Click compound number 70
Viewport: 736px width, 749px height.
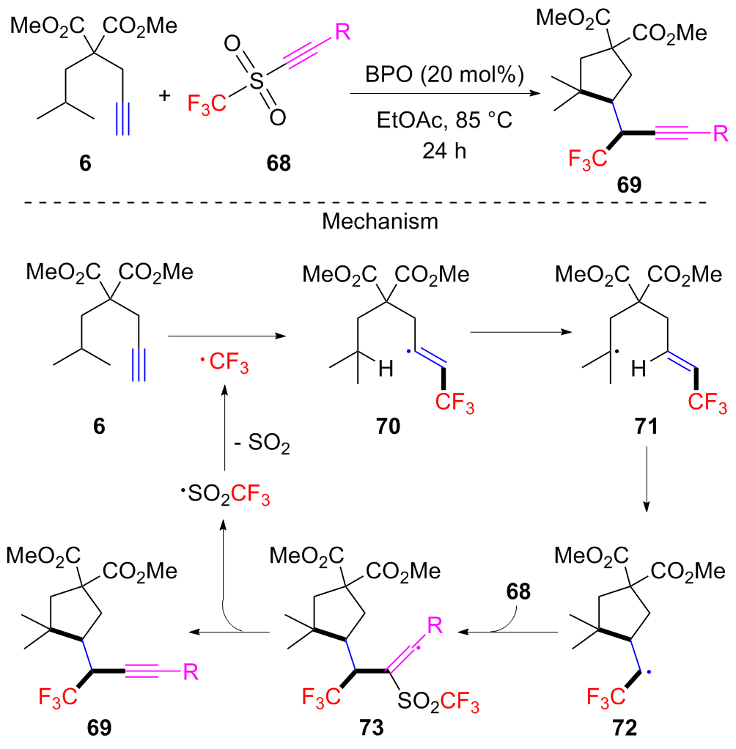pyautogui.click(x=389, y=426)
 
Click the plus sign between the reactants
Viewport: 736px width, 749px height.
pyautogui.click(x=164, y=96)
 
